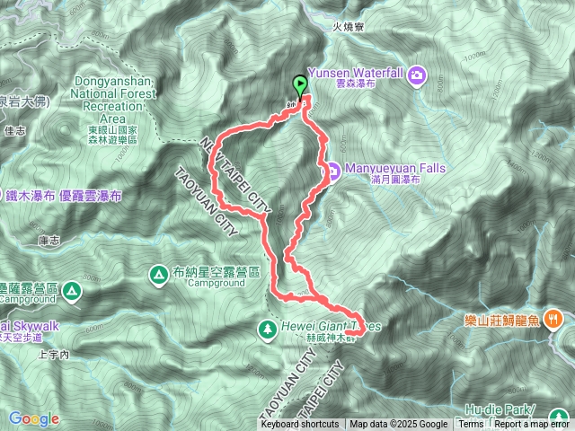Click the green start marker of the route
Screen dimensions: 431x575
click(x=299, y=85)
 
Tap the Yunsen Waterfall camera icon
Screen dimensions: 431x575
click(x=417, y=74)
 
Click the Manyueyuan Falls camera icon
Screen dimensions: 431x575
click(x=331, y=171)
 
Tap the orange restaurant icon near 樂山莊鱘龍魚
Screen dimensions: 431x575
click(x=554, y=317)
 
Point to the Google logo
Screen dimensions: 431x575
click(x=33, y=418)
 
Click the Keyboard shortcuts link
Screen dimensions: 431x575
click(x=300, y=425)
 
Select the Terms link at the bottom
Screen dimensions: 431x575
click(x=470, y=425)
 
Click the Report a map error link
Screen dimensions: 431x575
click(x=531, y=425)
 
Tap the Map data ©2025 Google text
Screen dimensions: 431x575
click(x=399, y=425)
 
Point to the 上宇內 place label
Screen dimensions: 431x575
click(x=54, y=354)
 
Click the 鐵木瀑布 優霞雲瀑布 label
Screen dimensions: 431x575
click(x=69, y=195)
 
